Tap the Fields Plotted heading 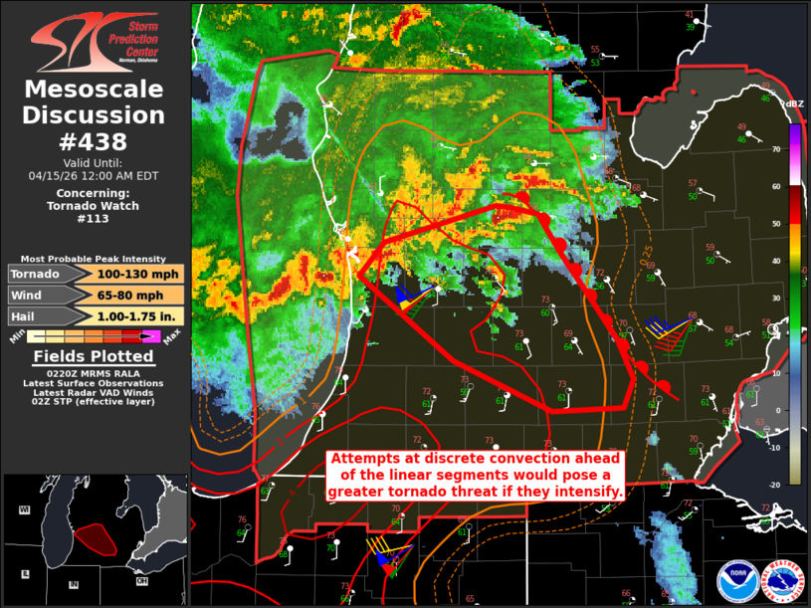[94, 355]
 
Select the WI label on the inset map [24, 509]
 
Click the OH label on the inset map [142, 581]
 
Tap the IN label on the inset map [74, 584]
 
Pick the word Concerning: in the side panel [94, 193]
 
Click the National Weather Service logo [782, 581]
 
